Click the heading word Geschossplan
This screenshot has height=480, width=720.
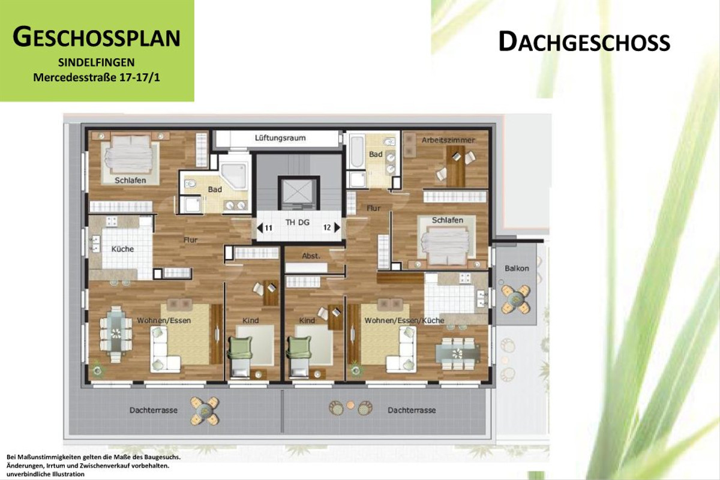pyautogui.click(x=96, y=37)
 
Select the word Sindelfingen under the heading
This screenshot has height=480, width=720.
pyautogui.click(x=96, y=62)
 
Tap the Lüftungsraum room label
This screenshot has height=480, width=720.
pyautogui.click(x=280, y=138)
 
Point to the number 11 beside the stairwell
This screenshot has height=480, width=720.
pyautogui.click(x=268, y=227)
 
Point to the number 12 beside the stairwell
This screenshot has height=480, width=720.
pyautogui.click(x=327, y=227)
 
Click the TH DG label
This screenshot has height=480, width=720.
pyautogui.click(x=298, y=223)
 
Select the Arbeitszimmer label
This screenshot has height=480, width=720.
pyautogui.click(x=448, y=140)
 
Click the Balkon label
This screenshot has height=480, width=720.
pyautogui.click(x=517, y=268)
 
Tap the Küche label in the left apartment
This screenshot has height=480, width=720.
pyautogui.click(x=122, y=249)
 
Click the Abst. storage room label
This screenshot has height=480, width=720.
pyautogui.click(x=311, y=256)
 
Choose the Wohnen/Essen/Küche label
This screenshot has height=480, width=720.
pyautogui.click(x=404, y=320)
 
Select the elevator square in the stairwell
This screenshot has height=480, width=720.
pyautogui.click(x=297, y=193)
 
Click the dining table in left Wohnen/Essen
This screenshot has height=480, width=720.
pyautogui.click(x=114, y=332)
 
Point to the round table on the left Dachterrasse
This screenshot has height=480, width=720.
pyautogui.click(x=205, y=410)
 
